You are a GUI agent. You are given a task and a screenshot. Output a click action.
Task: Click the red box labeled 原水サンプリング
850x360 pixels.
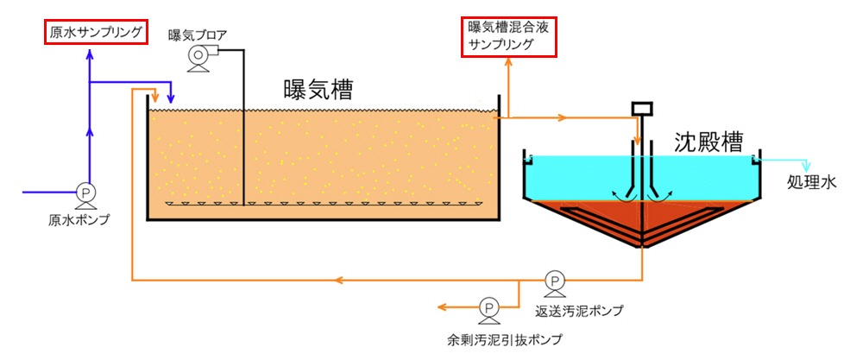coord(96,33)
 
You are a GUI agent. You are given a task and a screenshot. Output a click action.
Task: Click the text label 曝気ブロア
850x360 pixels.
coord(198,35)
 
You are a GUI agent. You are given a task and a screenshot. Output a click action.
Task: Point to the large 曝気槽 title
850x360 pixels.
coord(318,90)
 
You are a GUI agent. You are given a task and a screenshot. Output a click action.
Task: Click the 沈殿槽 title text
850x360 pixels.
coord(708,142)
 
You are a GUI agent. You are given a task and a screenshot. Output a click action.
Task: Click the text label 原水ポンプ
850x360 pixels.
coord(79,221)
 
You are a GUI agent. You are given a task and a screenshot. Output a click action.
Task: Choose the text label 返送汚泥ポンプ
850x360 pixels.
coord(578,311)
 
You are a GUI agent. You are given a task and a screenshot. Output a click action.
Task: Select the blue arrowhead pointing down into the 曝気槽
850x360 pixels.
coord(171,99)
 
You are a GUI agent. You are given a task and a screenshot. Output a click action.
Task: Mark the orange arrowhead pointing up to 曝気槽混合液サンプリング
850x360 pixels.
coord(509,62)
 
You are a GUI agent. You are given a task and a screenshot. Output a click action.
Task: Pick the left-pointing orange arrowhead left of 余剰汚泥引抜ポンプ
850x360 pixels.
coord(443,307)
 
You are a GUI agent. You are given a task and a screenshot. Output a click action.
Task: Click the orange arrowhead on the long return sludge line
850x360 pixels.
coord(339,281)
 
